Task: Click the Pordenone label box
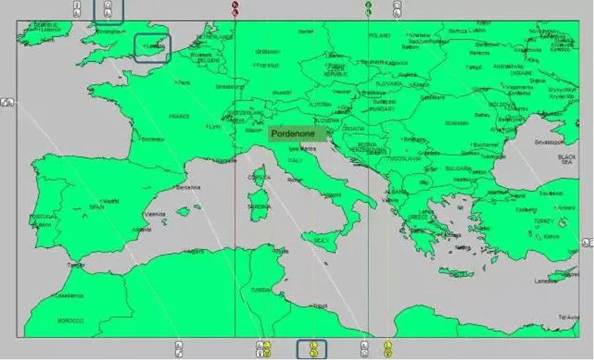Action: tap(293, 134)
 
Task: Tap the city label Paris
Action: tap(184, 82)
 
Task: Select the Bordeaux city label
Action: tap(152, 139)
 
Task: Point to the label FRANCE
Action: tap(178, 116)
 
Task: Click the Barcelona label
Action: tap(188, 188)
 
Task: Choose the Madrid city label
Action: tap(110, 201)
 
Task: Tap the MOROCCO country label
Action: tap(70, 321)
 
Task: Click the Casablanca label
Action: tap(69, 295)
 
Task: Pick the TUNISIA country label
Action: tap(261, 290)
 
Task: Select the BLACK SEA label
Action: tap(567, 159)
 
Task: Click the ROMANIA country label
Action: tap(457, 123)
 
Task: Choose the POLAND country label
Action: tap(380, 35)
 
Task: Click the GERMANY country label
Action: tap(268, 51)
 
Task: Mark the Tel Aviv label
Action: tap(568, 316)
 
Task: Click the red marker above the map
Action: tap(235, 8)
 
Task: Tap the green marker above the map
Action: tap(368, 8)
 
